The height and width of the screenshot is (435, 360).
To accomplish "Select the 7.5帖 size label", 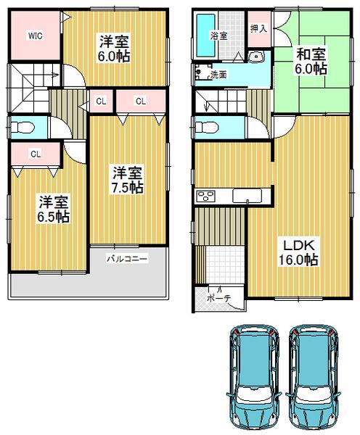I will pos(126,187).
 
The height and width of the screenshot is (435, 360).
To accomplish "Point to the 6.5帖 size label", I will pos(54,215).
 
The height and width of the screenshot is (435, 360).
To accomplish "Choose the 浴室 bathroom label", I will pos(216,34).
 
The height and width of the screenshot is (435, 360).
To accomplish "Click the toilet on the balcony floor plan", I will pos(22,128).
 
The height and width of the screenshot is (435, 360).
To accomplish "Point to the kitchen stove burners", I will pos(205,196).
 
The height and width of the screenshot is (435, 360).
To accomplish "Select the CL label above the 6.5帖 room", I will pos(34,152).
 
